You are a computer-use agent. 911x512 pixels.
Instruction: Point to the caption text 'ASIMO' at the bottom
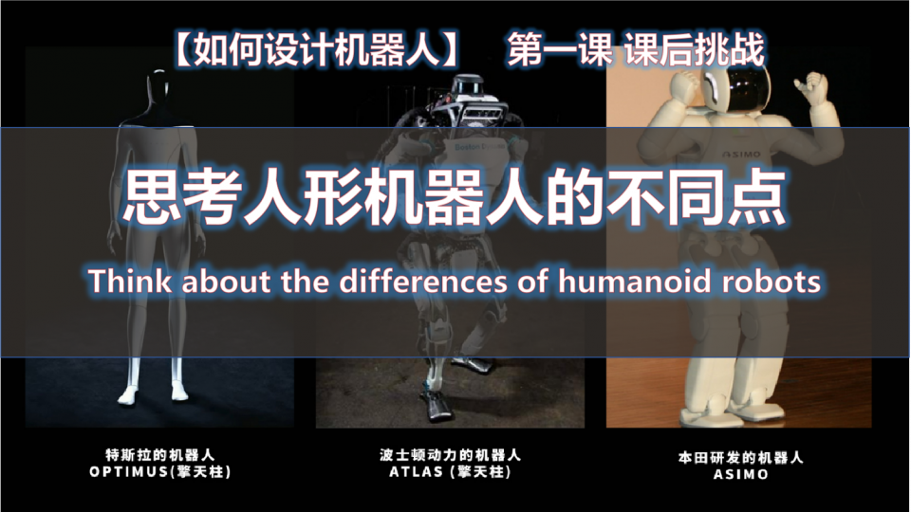click(740, 475)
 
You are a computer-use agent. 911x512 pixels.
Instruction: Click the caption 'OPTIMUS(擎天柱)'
click(160, 471)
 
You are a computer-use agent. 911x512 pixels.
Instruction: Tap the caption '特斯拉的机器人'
click(160, 453)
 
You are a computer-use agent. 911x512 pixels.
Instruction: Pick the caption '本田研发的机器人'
click(740, 457)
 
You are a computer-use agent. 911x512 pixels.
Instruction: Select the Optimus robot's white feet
click(154, 390)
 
